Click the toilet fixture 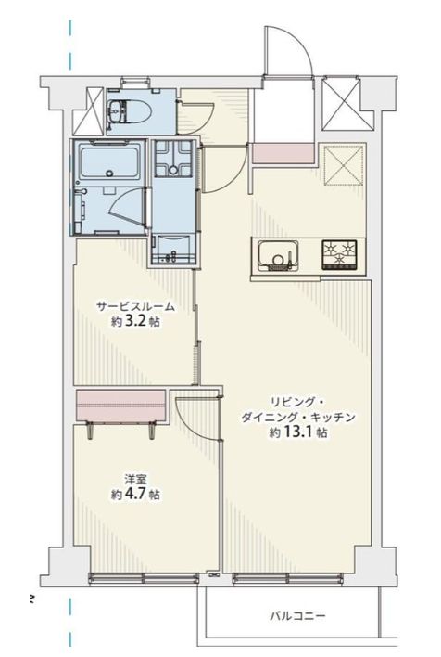coord(129,112)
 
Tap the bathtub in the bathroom coord(109,161)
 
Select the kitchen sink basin coord(278,255)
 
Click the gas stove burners coord(339,254)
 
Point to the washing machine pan coord(173,159)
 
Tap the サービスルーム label coord(135,306)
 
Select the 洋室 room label coord(135,479)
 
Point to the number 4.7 coord(135,494)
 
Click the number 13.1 coord(298,432)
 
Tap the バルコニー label coord(297,616)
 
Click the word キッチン coord(334,417)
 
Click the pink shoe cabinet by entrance coord(283,153)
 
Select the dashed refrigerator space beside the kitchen coord(343,165)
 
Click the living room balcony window coord(288,578)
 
